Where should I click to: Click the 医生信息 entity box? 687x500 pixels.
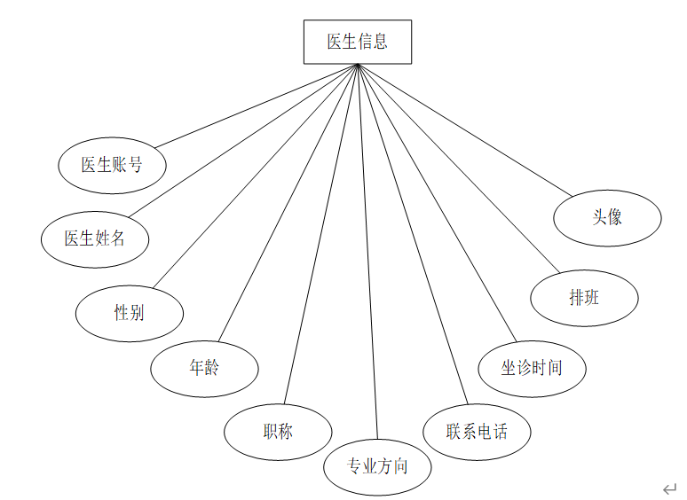coord(357,42)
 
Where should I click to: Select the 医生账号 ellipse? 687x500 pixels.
coord(112,165)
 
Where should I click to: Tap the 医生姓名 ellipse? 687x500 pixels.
coord(95,238)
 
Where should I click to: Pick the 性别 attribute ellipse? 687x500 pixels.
coord(130,313)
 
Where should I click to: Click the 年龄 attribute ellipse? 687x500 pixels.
coord(204,368)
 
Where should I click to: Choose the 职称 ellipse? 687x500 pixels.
coord(278,432)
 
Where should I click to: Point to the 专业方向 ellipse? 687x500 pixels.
coord(377,465)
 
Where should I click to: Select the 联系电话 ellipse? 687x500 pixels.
coord(478,432)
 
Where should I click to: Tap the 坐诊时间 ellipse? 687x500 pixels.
coord(532,367)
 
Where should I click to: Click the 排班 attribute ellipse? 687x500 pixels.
coord(584,298)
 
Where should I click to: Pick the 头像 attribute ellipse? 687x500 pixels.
coord(607,217)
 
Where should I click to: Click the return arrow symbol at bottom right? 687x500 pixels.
coord(669,488)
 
